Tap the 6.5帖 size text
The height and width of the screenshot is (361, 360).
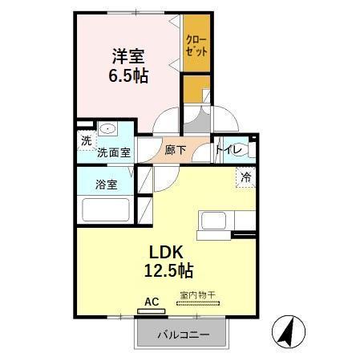(129, 76)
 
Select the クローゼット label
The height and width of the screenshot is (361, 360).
(196, 43)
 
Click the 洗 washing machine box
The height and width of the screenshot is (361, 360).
(85, 139)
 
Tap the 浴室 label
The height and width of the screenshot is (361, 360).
(107, 184)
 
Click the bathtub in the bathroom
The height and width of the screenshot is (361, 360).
(107, 211)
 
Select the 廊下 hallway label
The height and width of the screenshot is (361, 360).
(176, 150)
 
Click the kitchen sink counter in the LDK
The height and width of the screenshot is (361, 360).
(217, 221)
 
